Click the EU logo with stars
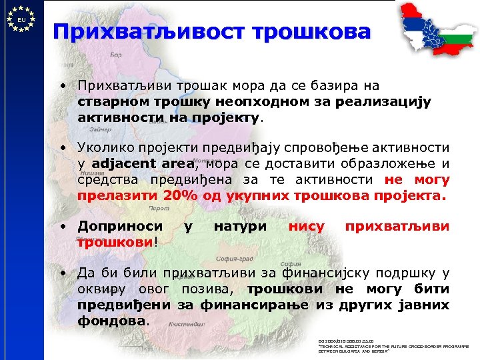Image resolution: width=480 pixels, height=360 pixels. click(x=21, y=19)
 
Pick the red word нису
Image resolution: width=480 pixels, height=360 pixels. click(x=307, y=227)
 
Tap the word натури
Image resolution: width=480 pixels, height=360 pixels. click(x=240, y=227)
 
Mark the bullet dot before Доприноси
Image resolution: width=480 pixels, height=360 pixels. click(x=61, y=227)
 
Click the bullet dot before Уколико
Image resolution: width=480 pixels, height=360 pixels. click(x=61, y=147)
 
